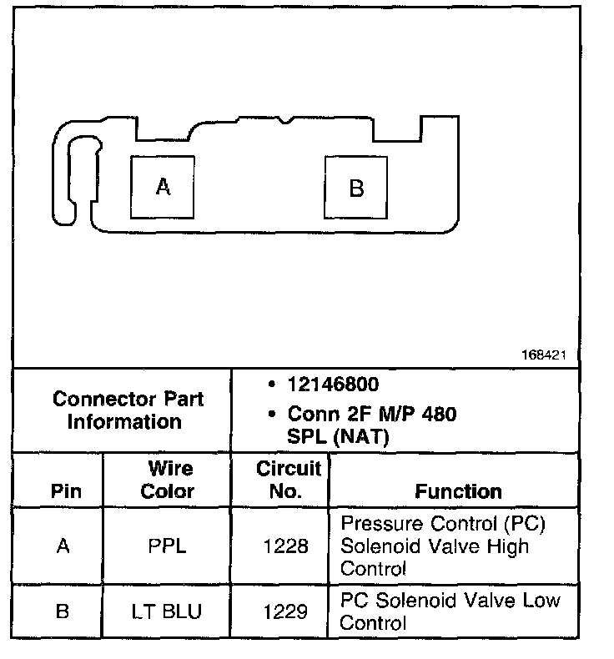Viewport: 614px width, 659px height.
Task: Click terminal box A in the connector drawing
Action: pyautogui.click(x=163, y=188)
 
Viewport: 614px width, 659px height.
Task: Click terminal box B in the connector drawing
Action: pyautogui.click(x=356, y=189)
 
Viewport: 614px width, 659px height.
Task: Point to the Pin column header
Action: pyautogui.click(x=66, y=490)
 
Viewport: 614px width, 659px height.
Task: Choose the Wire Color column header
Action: pyautogui.click(x=169, y=480)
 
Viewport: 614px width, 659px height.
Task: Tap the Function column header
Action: pyautogui.click(x=458, y=491)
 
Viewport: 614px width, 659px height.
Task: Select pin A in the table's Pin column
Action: pyautogui.click(x=63, y=546)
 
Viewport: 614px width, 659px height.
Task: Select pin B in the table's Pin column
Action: pyautogui.click(x=63, y=611)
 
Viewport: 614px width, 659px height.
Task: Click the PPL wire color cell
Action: pyautogui.click(x=169, y=546)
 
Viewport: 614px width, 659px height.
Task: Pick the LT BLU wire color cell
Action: pyautogui.click(x=168, y=611)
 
